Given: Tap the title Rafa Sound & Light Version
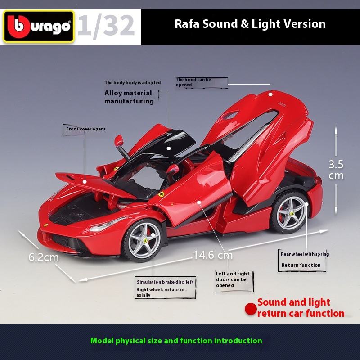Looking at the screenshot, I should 250,23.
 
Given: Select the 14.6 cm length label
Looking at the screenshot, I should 213,256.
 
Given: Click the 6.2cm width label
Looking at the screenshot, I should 44,257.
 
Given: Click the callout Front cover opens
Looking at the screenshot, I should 85,129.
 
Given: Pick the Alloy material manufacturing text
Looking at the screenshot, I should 129,97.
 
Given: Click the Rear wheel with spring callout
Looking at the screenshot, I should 305,260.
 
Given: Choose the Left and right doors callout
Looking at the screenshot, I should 232,279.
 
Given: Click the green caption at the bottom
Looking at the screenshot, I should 176,341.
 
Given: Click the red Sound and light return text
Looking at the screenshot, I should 301,308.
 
